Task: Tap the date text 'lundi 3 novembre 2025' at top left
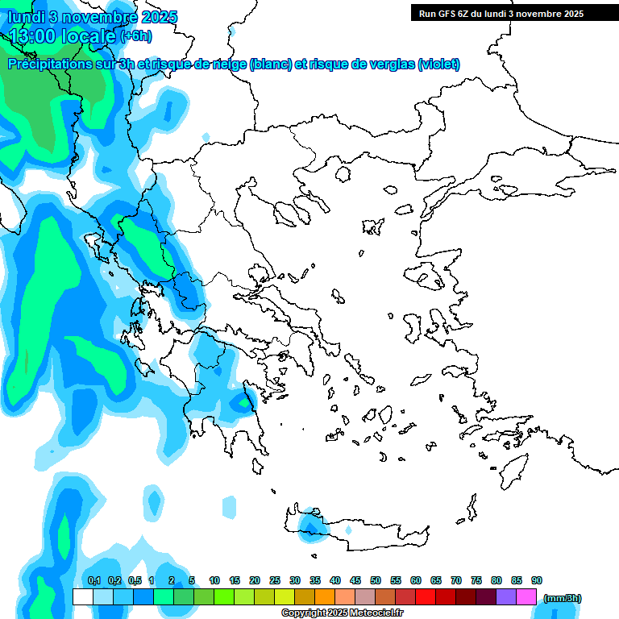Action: click(x=93, y=17)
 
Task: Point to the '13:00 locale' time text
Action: click(x=63, y=35)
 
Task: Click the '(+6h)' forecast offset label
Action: click(x=135, y=36)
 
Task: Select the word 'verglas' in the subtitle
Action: click(x=385, y=64)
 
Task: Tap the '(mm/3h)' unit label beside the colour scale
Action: click(x=563, y=598)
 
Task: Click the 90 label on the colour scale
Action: click(x=537, y=580)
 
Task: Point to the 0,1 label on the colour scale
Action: click(x=93, y=580)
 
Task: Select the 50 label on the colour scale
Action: click(x=376, y=580)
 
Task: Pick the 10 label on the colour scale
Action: click(x=214, y=580)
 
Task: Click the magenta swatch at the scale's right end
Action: click(x=526, y=596)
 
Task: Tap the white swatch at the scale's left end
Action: click(x=82, y=596)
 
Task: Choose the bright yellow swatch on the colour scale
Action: click(x=284, y=596)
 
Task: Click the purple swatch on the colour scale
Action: click(x=506, y=596)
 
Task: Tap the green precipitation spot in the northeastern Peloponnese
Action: click(x=243, y=401)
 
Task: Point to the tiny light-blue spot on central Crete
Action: click(x=348, y=532)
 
